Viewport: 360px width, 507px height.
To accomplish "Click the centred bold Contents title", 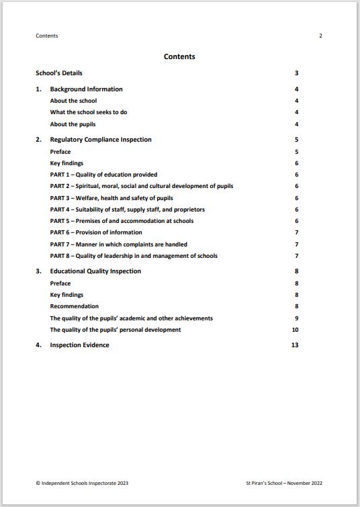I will point(179,57).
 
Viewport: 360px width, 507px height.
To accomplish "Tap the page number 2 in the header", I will point(320,36).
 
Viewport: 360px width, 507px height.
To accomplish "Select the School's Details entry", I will point(59,73).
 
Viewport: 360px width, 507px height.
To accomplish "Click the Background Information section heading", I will point(86,89).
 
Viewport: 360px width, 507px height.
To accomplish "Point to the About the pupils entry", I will point(73,124).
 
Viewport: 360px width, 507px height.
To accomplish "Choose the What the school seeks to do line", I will point(89,112).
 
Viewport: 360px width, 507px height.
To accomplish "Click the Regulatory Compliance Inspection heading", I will point(101,140).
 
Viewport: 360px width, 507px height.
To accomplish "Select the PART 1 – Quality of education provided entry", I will point(103,175).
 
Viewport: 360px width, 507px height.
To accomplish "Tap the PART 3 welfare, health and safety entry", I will point(111,198).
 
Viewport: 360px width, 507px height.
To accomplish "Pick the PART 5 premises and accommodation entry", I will point(122,221).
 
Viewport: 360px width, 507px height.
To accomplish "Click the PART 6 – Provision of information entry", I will point(96,232).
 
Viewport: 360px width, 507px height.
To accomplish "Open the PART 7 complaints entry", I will point(118,244).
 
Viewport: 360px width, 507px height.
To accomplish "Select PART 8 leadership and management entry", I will point(134,256).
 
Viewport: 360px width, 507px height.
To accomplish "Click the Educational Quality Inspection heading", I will point(95,271).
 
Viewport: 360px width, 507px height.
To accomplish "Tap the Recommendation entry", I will point(74,306).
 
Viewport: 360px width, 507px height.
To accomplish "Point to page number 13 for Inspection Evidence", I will point(295,345).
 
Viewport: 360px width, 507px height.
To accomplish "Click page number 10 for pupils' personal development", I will point(295,330).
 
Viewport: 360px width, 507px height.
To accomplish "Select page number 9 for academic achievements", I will point(296,318).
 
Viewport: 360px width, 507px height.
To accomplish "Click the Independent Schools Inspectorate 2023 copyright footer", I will point(81,483).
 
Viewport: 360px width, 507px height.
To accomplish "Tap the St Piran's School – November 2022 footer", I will point(285,483).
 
